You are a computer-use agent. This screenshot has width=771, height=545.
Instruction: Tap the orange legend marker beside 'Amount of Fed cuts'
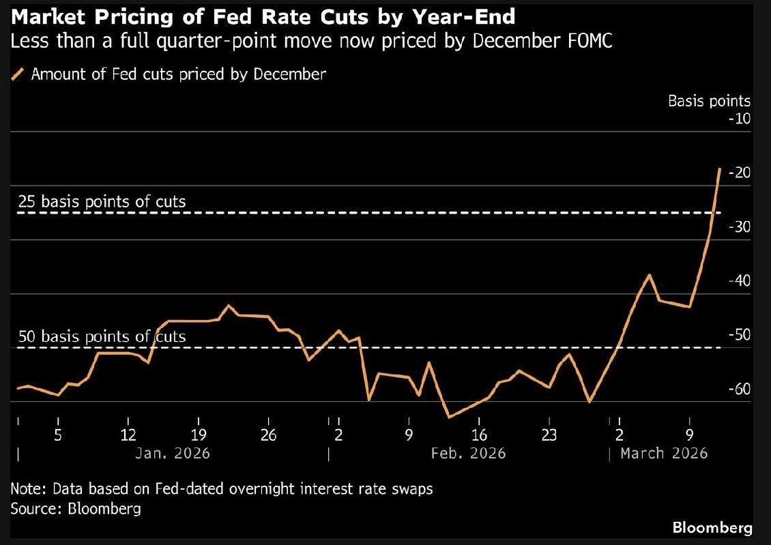pos(18,74)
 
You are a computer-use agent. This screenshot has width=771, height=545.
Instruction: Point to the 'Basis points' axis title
pos(709,101)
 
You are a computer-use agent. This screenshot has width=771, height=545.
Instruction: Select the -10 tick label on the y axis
pos(739,119)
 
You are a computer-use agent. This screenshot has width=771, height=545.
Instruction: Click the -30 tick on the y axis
pos(739,227)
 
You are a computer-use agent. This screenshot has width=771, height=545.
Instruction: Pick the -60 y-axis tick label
pos(739,389)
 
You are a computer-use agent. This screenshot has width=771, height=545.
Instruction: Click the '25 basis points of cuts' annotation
pos(101,202)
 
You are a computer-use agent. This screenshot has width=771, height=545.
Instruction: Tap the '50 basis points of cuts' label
pos(101,337)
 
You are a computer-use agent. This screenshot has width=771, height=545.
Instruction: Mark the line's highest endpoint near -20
pos(720,168)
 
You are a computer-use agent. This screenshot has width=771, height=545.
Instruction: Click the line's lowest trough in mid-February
pos(448,417)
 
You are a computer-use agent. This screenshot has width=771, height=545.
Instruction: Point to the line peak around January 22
pos(229,305)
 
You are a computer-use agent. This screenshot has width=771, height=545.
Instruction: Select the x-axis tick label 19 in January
pos(199,436)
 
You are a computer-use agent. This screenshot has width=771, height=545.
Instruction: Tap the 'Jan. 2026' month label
pos(173,453)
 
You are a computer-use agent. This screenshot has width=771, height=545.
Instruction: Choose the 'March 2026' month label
pos(664,453)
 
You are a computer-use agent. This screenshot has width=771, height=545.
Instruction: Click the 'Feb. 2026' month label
pos(468,453)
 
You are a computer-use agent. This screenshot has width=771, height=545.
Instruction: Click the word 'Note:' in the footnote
pos(28,489)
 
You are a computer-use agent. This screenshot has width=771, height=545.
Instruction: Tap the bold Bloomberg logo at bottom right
pos(712,527)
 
